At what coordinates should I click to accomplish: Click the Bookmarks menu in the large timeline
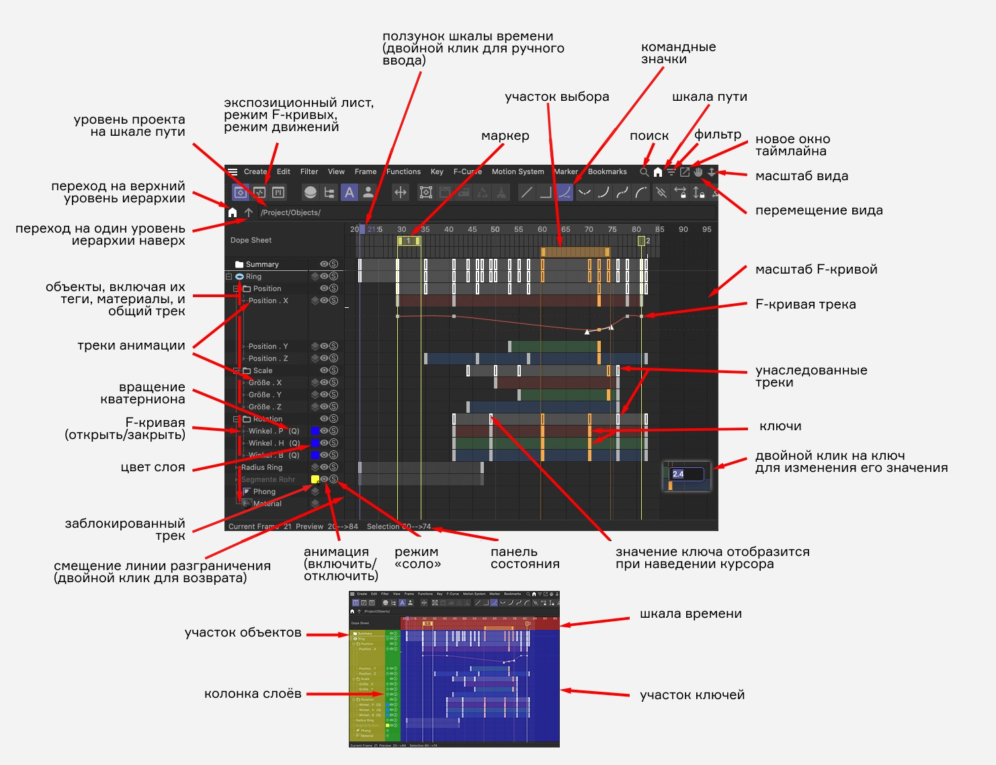[x=607, y=171]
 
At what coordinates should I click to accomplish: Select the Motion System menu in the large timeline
[x=517, y=171]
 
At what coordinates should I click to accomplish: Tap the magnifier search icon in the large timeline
[x=644, y=172]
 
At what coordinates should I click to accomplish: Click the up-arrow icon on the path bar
[x=249, y=212]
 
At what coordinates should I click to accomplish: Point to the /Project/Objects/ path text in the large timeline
[x=290, y=212]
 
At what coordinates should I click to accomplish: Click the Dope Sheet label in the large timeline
[x=251, y=240]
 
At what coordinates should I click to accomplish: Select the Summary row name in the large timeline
[x=261, y=264]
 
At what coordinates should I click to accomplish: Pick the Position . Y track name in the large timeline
[x=267, y=346]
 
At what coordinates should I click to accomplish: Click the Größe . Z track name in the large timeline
[x=265, y=407]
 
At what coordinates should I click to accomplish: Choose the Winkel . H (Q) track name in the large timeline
[x=274, y=443]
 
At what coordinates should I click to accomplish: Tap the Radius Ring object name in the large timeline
[x=261, y=467]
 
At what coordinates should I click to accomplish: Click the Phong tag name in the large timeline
[x=264, y=491]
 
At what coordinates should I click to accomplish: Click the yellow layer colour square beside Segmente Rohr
[x=315, y=479]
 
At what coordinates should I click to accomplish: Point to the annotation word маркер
[x=505, y=136]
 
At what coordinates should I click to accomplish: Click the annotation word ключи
[x=780, y=426]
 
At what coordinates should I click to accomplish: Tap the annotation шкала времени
[x=690, y=614]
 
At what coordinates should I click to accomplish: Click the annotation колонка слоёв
[x=253, y=694]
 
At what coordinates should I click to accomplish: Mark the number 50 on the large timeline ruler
[x=495, y=229]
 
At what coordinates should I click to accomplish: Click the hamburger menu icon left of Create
[x=233, y=171]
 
